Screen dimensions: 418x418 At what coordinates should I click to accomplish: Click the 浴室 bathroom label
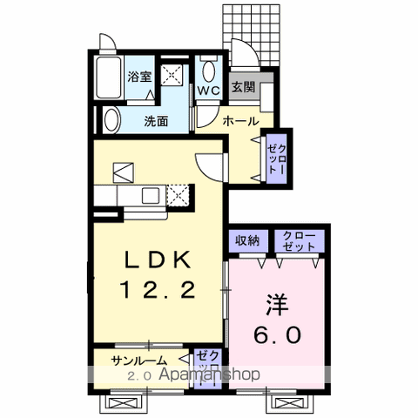(140, 75)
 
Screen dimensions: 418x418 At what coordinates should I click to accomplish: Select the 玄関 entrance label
(242, 87)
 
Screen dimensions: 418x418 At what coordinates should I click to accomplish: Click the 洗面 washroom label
(157, 121)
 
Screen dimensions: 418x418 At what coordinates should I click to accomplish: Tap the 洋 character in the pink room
(277, 306)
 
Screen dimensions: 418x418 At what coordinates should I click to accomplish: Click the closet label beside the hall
(274, 158)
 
